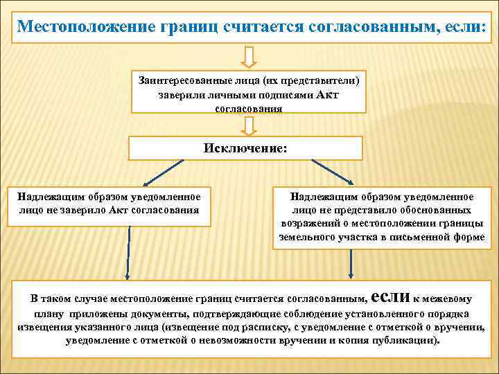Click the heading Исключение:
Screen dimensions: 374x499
point(245,148)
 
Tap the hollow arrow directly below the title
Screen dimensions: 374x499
point(250,56)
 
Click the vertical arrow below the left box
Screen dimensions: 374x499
point(127,253)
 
